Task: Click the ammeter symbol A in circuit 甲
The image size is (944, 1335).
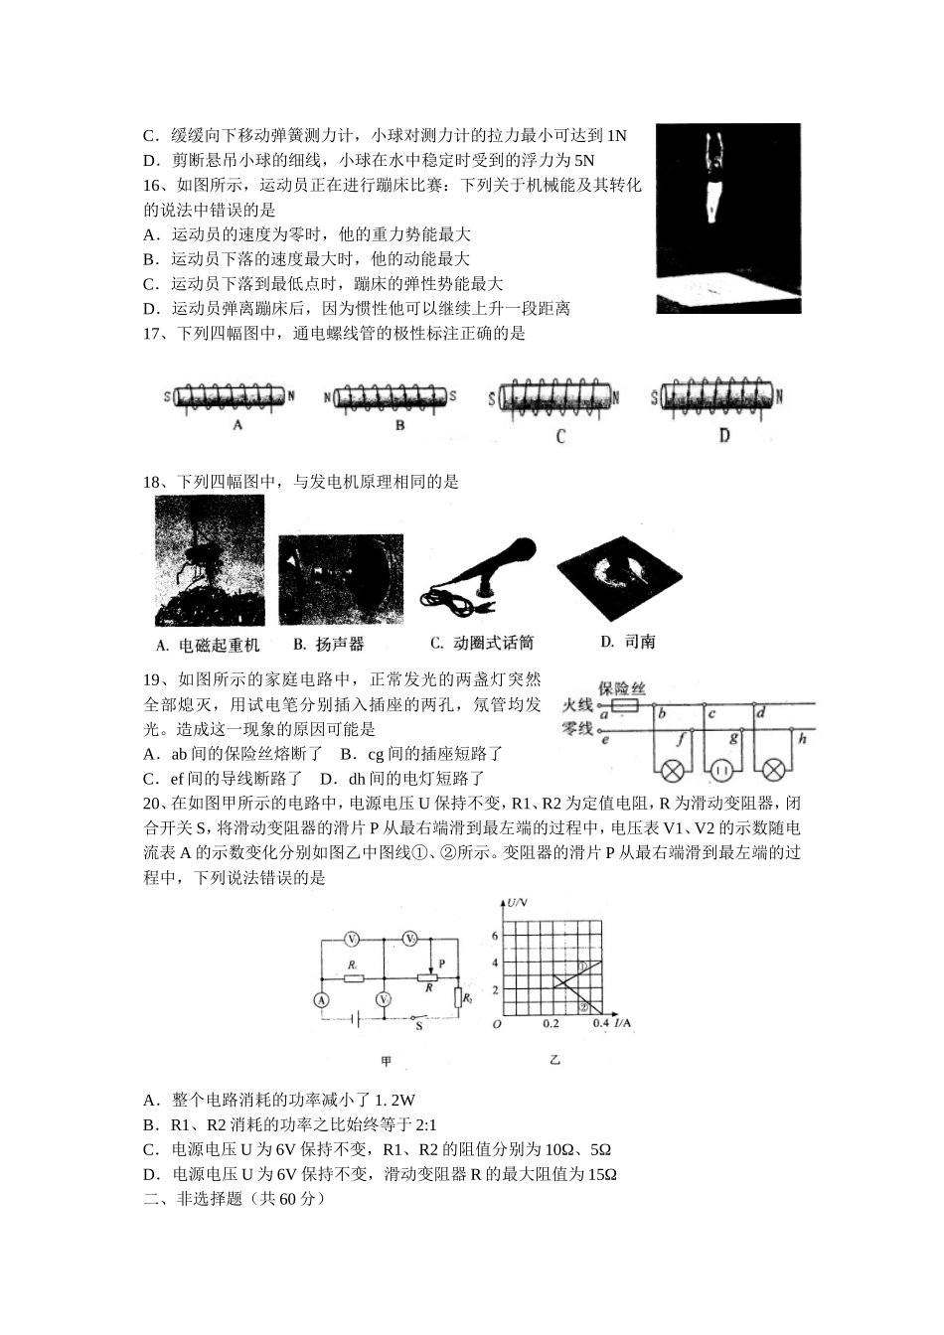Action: click(x=321, y=1000)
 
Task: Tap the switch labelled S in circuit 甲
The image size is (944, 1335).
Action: click(x=418, y=1018)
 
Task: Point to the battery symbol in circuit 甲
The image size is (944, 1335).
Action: click(x=354, y=1018)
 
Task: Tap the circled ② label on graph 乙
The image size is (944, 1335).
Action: click(x=584, y=1005)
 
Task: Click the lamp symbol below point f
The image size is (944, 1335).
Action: click(x=673, y=771)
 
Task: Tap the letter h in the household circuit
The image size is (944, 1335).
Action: click(x=802, y=739)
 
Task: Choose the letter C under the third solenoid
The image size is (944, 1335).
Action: click(x=560, y=436)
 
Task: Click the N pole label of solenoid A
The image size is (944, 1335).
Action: click(x=291, y=396)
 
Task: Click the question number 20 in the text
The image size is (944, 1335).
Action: click(x=152, y=804)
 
